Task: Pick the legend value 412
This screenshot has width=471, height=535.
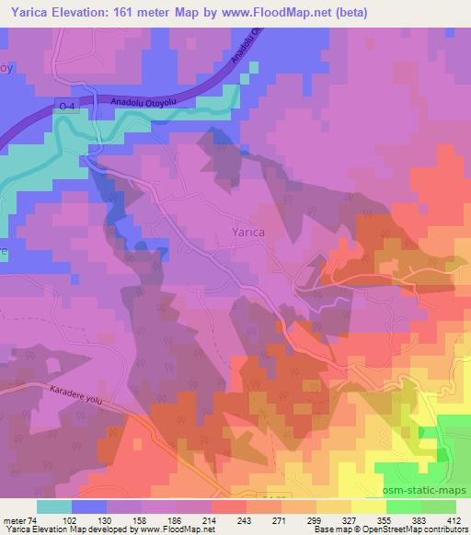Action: tap(453, 521)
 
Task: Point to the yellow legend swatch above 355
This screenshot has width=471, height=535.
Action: tap(369, 507)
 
